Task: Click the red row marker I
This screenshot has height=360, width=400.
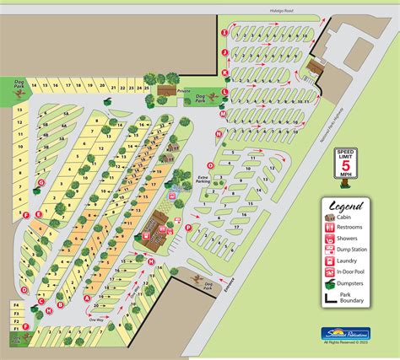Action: click(224, 32)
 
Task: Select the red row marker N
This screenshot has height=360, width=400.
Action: click(219, 133)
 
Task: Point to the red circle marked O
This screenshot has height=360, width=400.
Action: click(210, 165)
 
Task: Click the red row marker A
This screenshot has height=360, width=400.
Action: click(87, 297)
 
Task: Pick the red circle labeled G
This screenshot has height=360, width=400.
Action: click(41, 182)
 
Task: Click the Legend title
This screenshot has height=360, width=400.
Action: click(346, 206)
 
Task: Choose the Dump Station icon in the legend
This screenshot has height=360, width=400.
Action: click(330, 249)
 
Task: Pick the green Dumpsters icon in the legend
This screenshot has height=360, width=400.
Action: click(330, 284)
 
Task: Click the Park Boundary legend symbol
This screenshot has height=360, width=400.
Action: click(330, 298)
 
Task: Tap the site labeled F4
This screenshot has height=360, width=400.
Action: click(15, 304)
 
